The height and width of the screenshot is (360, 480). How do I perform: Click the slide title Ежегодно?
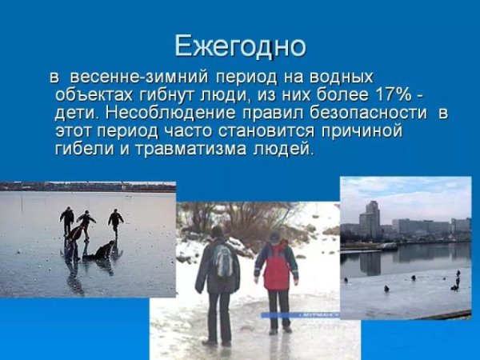[x=240, y=46]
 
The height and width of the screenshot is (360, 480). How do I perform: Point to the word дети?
[x=77, y=113]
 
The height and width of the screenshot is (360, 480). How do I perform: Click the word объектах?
[x=90, y=95]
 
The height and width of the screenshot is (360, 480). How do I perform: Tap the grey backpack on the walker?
[x=223, y=261]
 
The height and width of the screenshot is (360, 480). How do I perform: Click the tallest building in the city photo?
[x=371, y=218]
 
